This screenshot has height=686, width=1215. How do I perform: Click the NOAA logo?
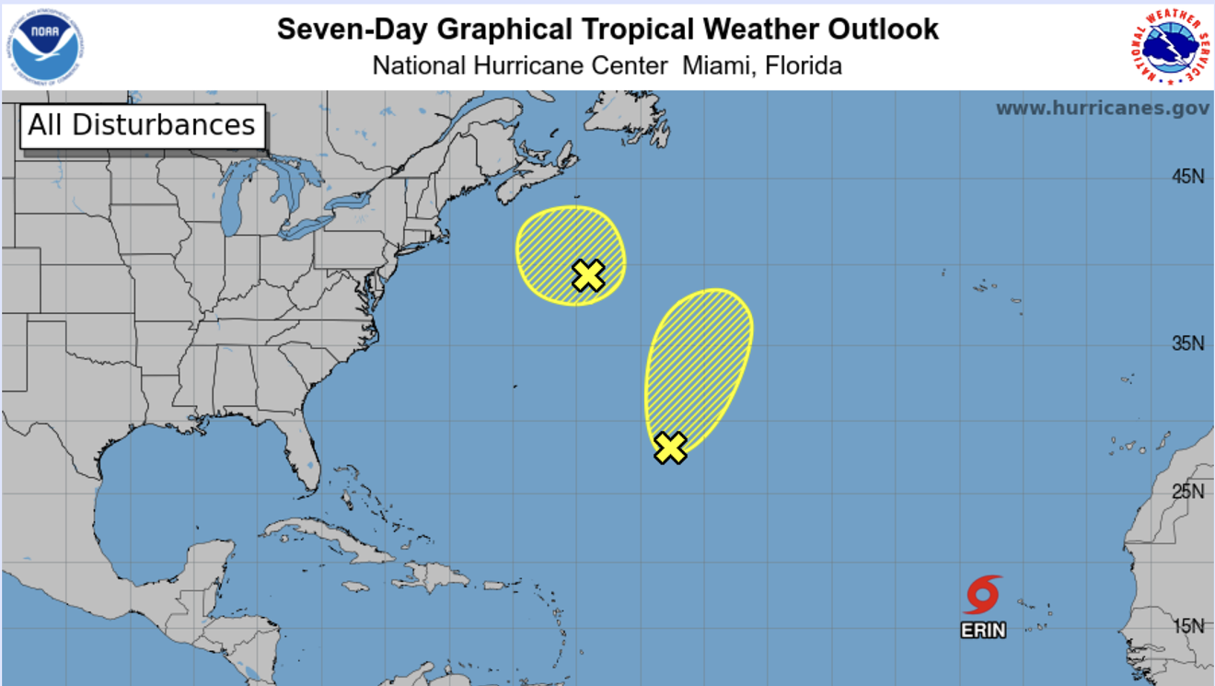click(x=46, y=46)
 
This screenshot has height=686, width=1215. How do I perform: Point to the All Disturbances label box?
click(x=142, y=125)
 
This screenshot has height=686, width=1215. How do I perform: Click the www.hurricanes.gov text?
click(x=1102, y=109)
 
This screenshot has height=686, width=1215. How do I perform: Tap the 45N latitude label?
click(x=1187, y=177)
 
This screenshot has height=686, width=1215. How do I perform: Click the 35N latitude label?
click(x=1187, y=343)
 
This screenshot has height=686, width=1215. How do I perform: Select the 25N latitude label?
click(x=1187, y=492)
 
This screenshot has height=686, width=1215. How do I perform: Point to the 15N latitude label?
click(x=1187, y=626)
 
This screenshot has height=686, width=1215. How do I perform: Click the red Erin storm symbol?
click(x=983, y=595)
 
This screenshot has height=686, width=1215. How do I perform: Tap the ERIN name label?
click(x=983, y=631)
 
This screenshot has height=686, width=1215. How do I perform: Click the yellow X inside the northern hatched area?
click(x=588, y=275)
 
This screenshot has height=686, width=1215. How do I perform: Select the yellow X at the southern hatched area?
click(x=671, y=448)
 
